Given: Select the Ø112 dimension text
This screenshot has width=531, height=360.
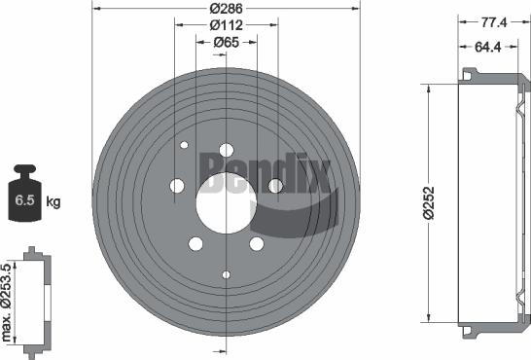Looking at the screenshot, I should pyautogui.click(x=227, y=24).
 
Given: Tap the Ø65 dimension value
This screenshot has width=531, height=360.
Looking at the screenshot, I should pyautogui.click(x=227, y=43).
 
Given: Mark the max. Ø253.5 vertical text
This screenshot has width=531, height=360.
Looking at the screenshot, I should pyautogui.click(x=8, y=300).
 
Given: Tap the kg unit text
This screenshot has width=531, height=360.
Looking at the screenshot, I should pyautogui.click(x=53, y=201).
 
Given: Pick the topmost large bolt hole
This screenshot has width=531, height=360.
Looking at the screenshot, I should pyautogui.click(x=227, y=150).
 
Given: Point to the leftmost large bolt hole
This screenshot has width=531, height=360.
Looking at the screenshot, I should pyautogui.click(x=178, y=186).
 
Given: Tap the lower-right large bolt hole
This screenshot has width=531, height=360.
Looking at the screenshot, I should pyautogui.click(x=257, y=244).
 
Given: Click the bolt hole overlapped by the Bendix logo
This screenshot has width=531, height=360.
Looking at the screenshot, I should pyautogui.click(x=275, y=185).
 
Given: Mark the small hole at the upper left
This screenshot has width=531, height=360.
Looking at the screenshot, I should pyautogui.click(x=184, y=145).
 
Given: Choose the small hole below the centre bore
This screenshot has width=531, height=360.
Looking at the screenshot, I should pyautogui.click(x=227, y=275).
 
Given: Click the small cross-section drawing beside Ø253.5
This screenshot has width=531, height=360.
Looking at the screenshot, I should pyautogui.click(x=35, y=300).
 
